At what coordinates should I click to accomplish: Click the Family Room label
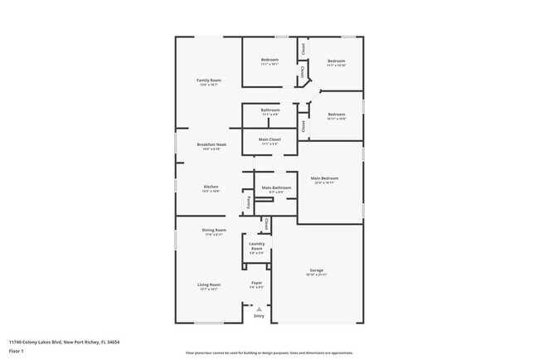click(209, 80)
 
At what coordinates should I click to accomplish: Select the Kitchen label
click(211, 187)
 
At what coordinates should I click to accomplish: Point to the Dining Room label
click(214, 230)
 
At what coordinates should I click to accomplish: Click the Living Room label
click(209, 285)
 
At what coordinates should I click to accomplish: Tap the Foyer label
click(257, 283)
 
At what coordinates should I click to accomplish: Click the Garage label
click(317, 270)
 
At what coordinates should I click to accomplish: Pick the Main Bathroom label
click(277, 187)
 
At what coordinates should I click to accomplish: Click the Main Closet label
click(269, 139)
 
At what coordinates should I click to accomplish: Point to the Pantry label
click(248, 202)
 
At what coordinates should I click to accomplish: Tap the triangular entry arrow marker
click(259, 309)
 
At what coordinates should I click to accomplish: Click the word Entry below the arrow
click(259, 316)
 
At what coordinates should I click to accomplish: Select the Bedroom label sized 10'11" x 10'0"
click(336, 114)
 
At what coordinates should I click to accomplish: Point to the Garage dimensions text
click(317, 275)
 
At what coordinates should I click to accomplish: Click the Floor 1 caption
click(17, 351)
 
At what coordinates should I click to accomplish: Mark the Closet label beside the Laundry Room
click(266, 224)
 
